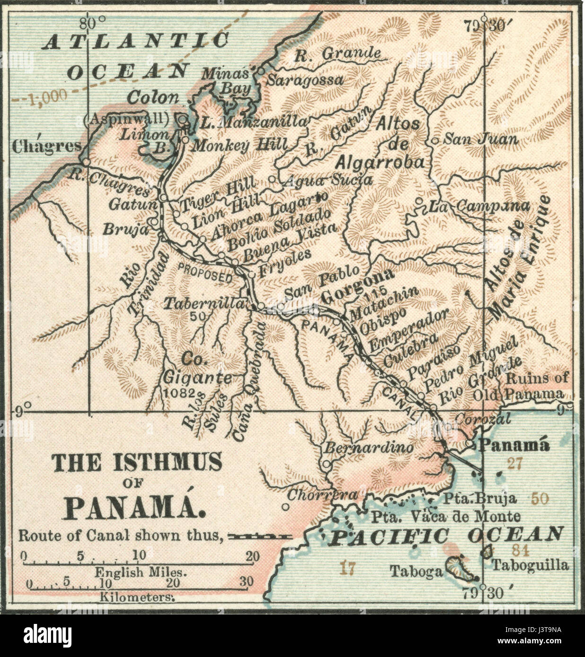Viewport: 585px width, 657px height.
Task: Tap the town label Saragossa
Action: (x=304, y=79)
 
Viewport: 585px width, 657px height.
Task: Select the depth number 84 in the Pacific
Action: (x=523, y=550)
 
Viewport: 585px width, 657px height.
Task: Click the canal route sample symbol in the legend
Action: (x=260, y=536)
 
